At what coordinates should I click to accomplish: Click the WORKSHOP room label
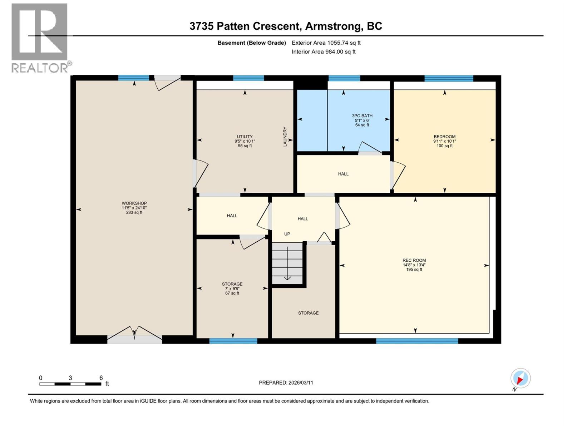pos(134,203)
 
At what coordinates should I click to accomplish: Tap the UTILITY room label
pos(245,137)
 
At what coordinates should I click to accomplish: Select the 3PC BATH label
pos(362,116)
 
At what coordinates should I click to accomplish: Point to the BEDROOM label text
pos(444,137)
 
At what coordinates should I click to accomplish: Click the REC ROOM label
pos(414,261)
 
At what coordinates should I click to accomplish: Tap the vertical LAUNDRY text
pos(285,137)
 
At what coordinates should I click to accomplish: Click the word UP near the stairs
pos(287,234)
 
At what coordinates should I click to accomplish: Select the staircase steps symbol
pos(287,263)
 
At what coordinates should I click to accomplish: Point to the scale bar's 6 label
pos(101,378)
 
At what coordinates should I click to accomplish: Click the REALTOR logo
pos(40,38)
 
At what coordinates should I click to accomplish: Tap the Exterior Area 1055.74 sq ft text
pos(326,43)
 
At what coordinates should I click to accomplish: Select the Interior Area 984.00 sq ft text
pos(324,52)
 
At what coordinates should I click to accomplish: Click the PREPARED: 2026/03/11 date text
pos(286,383)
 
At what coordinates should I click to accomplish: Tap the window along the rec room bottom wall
pos(417,341)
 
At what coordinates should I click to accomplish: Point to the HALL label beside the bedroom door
pos(343,174)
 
